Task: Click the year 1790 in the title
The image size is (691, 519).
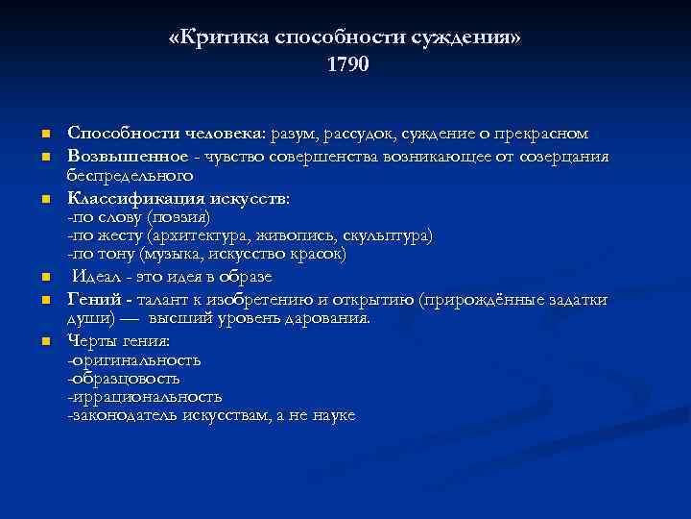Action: (346, 66)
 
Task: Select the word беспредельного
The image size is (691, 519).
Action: (130, 176)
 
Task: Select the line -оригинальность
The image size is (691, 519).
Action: (133, 360)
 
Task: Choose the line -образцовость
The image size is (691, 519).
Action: (124, 379)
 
